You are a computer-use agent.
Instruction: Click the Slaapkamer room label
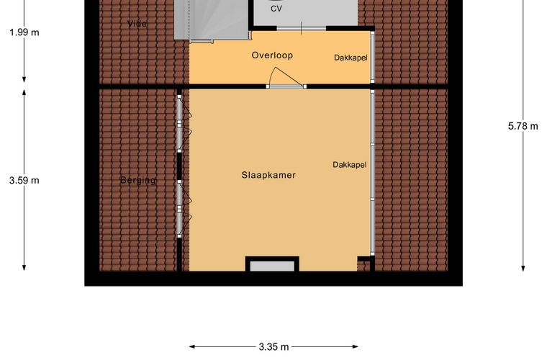coord(268,175)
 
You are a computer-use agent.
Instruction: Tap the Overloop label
coord(272,55)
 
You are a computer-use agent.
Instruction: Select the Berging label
coord(138,180)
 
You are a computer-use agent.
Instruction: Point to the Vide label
coord(137,24)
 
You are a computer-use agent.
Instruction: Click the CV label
coord(276,9)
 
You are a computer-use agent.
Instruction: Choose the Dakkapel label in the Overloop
coord(351,58)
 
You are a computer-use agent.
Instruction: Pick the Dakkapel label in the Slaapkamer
coord(350,164)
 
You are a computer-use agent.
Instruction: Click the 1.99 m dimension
coord(24,32)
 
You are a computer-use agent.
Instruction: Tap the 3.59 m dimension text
coord(24,180)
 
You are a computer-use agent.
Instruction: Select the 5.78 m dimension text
coord(523,126)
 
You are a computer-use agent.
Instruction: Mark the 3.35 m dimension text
coord(273,347)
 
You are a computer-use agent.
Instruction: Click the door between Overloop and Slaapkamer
coord(286,86)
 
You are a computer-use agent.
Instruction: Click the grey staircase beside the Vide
coord(212,19)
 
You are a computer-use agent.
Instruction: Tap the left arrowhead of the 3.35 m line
coord(192,347)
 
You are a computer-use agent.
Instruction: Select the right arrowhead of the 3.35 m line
coord(356,347)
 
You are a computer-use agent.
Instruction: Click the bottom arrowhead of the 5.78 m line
coord(523,268)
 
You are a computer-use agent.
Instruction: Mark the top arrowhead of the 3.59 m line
coord(24,92)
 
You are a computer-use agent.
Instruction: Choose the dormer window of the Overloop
coord(372,57)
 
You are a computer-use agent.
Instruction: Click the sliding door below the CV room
coord(302,28)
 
